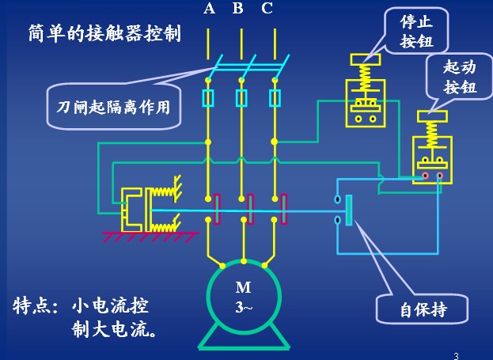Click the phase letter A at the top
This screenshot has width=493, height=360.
210,9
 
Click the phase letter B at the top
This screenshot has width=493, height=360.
238,9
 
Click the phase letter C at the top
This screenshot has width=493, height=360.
267,9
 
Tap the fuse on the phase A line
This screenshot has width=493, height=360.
208,98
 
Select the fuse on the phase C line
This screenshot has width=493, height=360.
275,98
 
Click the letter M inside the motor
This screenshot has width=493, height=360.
244,287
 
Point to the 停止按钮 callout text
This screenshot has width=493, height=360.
417,31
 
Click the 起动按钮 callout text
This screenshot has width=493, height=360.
460,78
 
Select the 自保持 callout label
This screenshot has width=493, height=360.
423,309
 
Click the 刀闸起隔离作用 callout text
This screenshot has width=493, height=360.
113,107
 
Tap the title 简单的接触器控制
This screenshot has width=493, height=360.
104,33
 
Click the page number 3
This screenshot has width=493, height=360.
457,356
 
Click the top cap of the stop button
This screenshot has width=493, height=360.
366,59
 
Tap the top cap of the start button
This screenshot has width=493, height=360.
432,116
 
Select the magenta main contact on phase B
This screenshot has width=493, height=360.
250,209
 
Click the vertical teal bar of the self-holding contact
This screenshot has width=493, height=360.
349,210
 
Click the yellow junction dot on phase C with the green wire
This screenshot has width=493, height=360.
275,142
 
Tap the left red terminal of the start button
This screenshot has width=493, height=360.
425,176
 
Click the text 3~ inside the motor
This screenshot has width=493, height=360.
244,307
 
